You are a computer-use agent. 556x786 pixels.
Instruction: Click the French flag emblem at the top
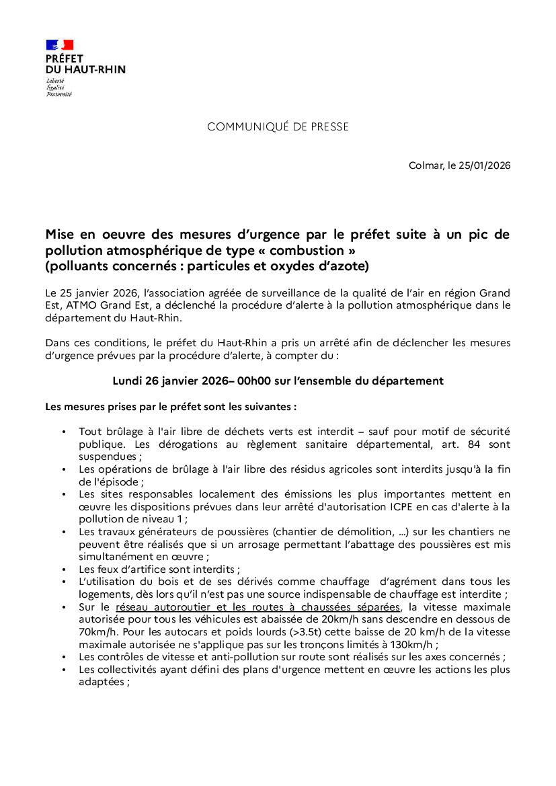pyautogui.click(x=59, y=45)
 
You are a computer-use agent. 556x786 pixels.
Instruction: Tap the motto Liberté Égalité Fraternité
pyautogui.click(x=58, y=87)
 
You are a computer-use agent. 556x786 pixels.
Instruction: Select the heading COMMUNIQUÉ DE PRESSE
pyautogui.click(x=278, y=127)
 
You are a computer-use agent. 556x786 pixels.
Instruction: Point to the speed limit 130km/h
pyautogui.click(x=413, y=644)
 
